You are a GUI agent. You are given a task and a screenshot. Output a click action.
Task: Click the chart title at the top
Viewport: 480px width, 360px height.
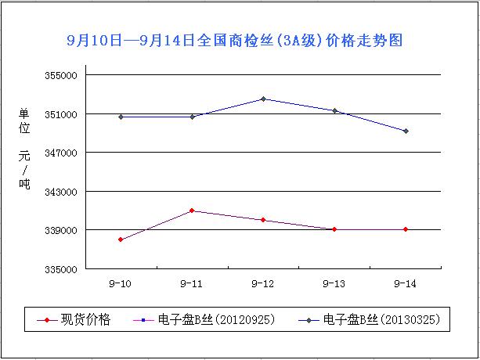[x=235, y=39]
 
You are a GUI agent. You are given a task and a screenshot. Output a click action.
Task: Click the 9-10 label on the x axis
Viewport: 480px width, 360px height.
[x=121, y=283]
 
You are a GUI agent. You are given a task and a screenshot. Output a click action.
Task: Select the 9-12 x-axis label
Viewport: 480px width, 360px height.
[x=263, y=283]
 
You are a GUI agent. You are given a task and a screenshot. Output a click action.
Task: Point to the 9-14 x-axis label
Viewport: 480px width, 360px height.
[x=406, y=283]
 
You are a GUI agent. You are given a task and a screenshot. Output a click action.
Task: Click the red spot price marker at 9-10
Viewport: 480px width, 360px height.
[x=121, y=239]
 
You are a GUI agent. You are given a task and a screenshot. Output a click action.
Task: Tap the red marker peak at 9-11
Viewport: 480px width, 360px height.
[x=192, y=211]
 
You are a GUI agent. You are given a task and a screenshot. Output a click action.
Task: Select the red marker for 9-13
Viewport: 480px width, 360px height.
[x=334, y=229]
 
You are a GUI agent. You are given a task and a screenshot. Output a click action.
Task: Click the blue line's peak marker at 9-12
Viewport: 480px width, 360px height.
[x=263, y=99]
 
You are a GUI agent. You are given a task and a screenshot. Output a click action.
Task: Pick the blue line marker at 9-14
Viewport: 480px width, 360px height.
[x=406, y=131]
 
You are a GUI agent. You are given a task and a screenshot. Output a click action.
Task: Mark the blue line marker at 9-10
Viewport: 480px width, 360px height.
[x=121, y=117]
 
